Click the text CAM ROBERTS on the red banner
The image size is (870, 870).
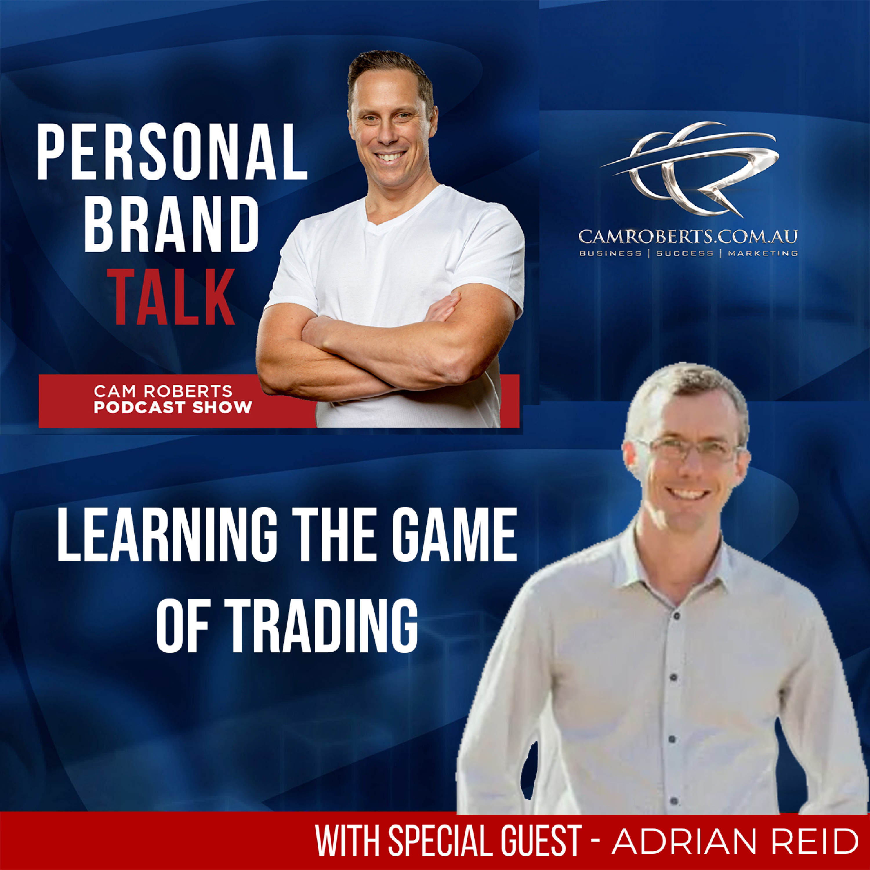coord(163,391)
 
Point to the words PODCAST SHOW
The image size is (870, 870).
coord(173,407)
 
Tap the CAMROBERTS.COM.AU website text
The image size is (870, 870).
coord(688,235)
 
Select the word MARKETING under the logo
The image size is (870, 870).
coord(763,253)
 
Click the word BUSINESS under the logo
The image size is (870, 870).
coord(610,253)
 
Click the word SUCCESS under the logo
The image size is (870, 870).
coord(684,253)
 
